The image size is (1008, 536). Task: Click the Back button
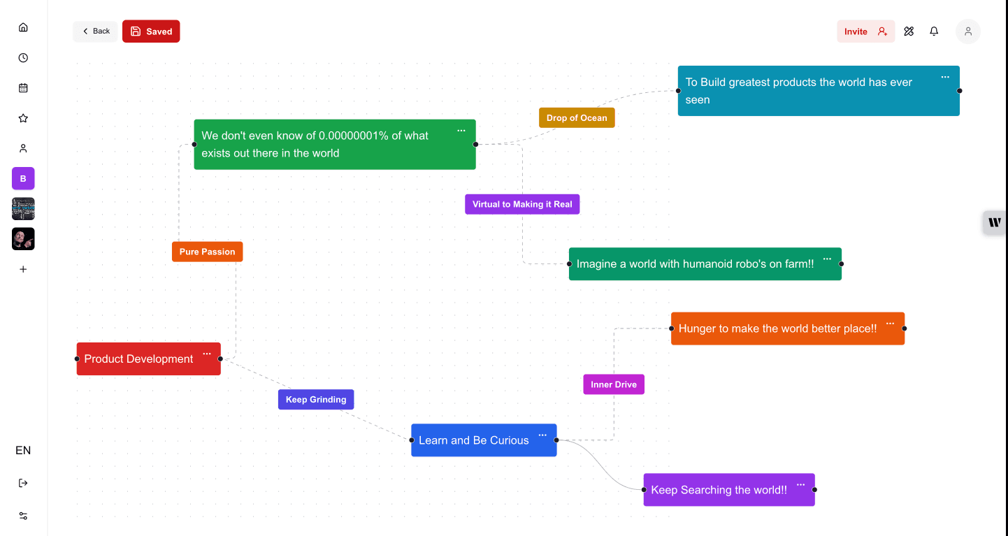[96, 31]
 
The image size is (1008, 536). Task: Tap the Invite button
[865, 31]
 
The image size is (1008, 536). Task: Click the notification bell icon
[934, 31]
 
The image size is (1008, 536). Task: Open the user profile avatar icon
[968, 31]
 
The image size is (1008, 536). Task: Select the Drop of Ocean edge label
[577, 118]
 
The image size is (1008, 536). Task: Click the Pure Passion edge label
[207, 252]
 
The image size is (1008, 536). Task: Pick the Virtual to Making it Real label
[522, 204]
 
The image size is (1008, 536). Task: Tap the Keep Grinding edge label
[316, 400]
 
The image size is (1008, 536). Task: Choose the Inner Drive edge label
[614, 384]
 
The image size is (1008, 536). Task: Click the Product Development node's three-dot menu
[207, 354]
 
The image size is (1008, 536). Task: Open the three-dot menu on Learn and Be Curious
[542, 435]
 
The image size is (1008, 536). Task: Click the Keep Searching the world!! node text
[719, 490]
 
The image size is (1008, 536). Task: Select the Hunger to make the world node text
[777, 328]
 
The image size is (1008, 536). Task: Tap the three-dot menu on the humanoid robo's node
[827, 259]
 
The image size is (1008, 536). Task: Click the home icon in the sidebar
[23, 27]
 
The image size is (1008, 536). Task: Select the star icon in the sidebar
[23, 118]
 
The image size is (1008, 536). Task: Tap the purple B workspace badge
[23, 178]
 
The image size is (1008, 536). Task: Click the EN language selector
[23, 450]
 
